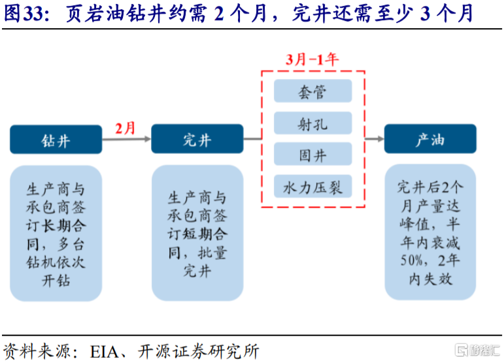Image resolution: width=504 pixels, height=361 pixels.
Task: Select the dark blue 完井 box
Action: tap(197, 139)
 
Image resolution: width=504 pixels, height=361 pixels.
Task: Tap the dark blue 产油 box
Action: tap(429, 139)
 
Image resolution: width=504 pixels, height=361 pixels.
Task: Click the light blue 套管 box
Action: tap(313, 91)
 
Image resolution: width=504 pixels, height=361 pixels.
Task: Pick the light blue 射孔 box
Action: tap(313, 123)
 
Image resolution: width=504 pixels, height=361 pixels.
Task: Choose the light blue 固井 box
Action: tap(313, 155)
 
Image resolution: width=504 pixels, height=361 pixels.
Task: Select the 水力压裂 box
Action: tap(313, 187)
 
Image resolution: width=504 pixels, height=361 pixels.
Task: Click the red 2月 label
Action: tap(125, 127)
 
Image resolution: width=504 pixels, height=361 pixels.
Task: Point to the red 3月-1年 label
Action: tap(312, 59)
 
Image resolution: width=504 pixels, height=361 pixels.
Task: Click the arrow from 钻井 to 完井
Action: tap(126, 139)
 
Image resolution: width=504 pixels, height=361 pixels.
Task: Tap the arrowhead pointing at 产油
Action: tap(377, 139)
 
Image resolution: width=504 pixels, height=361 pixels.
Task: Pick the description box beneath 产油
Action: tap(429, 234)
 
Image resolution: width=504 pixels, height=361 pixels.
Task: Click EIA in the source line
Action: tap(98, 350)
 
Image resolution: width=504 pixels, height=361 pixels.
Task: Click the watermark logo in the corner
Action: tap(477, 349)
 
